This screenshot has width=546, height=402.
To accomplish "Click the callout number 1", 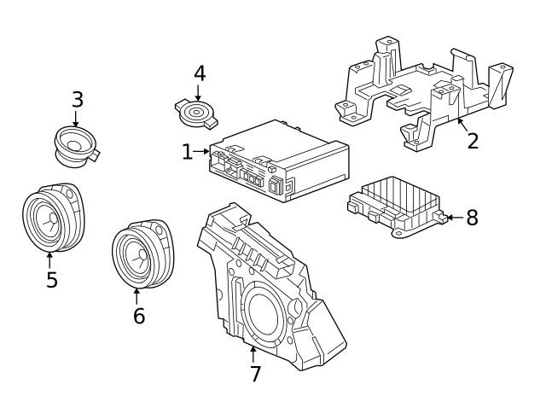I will pyautogui.click(x=187, y=153).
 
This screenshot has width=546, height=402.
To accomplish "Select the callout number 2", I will pyautogui.click(x=473, y=141).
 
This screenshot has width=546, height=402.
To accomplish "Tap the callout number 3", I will pyautogui.click(x=77, y=99).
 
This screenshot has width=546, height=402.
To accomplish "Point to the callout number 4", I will pyautogui.click(x=199, y=73).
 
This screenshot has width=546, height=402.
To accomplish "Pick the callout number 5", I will pyautogui.click(x=51, y=280).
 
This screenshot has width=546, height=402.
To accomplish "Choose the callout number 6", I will pyautogui.click(x=138, y=316).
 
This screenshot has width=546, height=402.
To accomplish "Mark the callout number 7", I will pyautogui.click(x=255, y=373).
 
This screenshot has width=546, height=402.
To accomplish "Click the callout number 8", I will pyautogui.click(x=472, y=218).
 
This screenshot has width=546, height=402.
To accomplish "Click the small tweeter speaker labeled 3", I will pyautogui.click(x=75, y=144).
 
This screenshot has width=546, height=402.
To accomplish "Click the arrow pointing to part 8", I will pyautogui.click(x=454, y=218).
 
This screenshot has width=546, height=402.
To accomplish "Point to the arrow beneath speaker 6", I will pyautogui.click(x=136, y=295).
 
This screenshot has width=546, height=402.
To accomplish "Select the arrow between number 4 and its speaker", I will pyautogui.click(x=199, y=91).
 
